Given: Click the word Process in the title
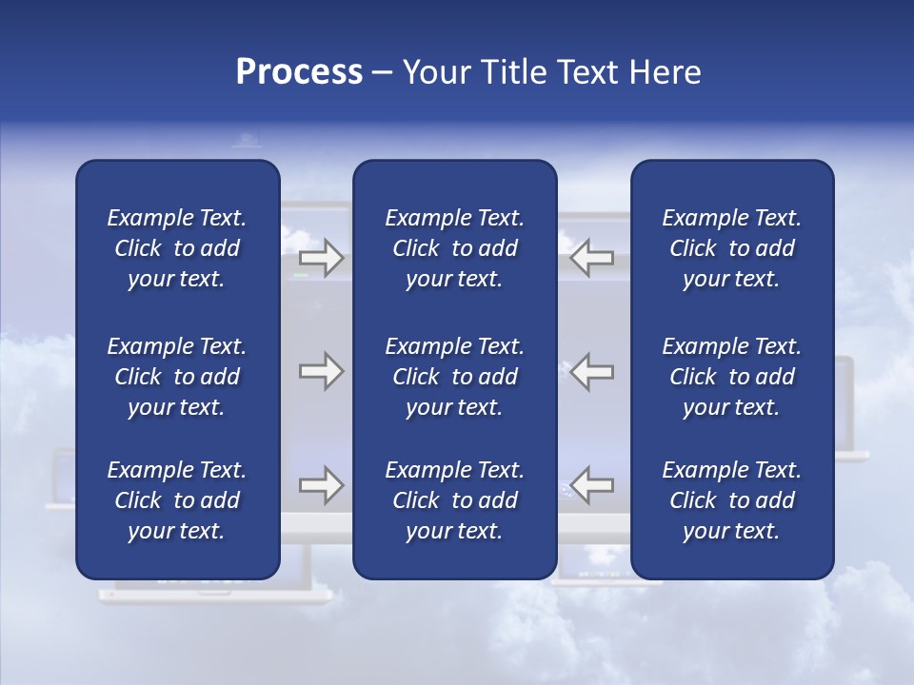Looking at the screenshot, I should click(x=299, y=72).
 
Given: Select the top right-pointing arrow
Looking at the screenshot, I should click(x=322, y=258).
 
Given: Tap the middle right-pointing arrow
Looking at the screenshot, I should click(x=322, y=371).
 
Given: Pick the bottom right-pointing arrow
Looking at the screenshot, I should click(x=322, y=485).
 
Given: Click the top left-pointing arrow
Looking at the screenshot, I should click(x=591, y=258).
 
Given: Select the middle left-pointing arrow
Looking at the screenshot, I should click(x=591, y=371).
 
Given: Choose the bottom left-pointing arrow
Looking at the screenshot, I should click(x=591, y=485).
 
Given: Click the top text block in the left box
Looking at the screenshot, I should click(x=177, y=248).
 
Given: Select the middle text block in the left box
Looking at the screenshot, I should click(x=177, y=377).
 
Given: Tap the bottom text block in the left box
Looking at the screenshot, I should click(x=177, y=500).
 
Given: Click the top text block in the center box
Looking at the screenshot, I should click(x=454, y=248).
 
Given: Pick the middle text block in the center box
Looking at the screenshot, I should click(x=454, y=377).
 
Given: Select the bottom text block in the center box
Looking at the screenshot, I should click(x=454, y=500).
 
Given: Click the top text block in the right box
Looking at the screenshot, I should click(x=731, y=248).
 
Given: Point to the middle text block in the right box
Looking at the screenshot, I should click(x=731, y=377).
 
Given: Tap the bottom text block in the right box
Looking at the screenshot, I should click(x=731, y=500).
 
